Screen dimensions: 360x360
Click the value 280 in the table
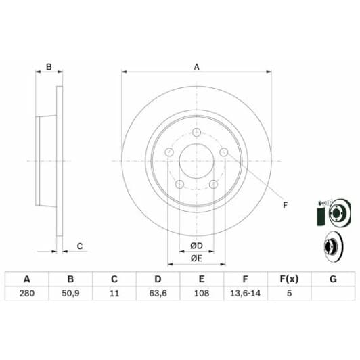click(27, 294)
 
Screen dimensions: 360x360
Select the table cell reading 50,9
click(70, 294)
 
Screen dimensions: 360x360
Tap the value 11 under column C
click(114, 294)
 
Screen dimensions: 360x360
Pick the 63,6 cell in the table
click(157, 294)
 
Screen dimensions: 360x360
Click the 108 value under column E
click(201, 294)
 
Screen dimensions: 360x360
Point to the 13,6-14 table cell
click(245, 294)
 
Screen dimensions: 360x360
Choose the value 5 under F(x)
click(289, 294)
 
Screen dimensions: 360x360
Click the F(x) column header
click(289, 279)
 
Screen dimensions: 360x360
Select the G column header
click(333, 279)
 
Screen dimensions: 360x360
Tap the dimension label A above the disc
click(197, 66)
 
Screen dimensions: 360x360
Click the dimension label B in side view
click(49, 66)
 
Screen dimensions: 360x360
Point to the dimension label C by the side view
click(79, 246)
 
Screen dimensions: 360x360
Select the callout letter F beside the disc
click(284, 205)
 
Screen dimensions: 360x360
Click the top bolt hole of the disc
click(197, 133)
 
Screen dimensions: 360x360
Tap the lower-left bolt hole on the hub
click(179, 184)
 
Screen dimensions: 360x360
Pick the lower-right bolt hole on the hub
click(212, 184)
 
